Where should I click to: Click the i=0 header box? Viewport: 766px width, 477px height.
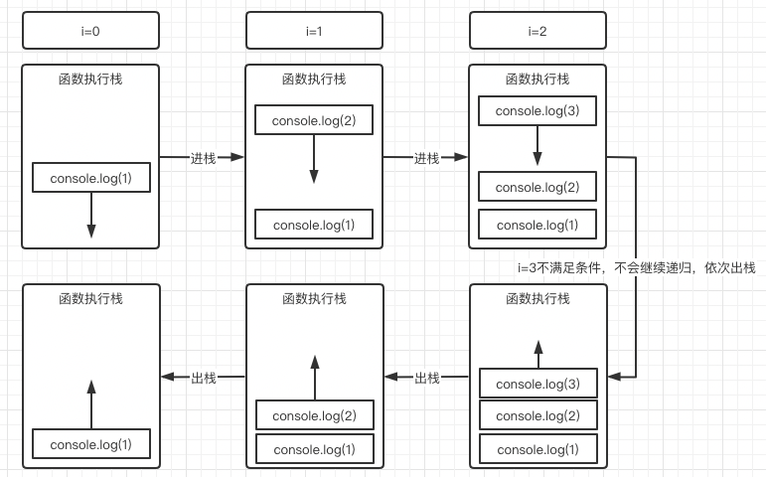click(x=90, y=31)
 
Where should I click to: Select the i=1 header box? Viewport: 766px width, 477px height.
click(x=314, y=31)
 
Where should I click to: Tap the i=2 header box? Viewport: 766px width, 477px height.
click(x=537, y=31)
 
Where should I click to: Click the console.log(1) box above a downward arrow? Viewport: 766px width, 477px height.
click(x=90, y=178)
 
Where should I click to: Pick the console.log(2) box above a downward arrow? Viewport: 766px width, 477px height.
click(x=314, y=120)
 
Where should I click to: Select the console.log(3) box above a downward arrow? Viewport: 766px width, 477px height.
click(x=537, y=110)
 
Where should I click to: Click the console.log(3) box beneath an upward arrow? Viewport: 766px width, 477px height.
click(x=537, y=384)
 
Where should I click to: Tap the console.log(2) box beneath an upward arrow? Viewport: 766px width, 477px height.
click(x=314, y=415)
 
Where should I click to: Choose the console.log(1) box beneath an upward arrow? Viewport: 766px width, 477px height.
click(x=90, y=444)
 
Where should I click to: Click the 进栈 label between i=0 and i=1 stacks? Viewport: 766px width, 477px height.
click(x=203, y=158)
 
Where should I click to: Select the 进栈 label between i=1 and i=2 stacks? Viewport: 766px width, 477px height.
click(x=426, y=158)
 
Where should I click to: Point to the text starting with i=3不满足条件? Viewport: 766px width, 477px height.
click(x=636, y=268)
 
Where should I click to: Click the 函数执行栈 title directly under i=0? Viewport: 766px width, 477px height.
click(x=90, y=79)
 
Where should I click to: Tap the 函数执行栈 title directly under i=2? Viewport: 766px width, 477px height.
click(x=537, y=79)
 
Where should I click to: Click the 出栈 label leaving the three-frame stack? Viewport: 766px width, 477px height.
click(x=426, y=378)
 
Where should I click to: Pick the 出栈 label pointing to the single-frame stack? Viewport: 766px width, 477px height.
click(x=203, y=378)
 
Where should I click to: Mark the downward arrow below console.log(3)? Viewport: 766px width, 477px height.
click(x=537, y=146)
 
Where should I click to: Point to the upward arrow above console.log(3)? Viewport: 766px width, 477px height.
click(x=537, y=353)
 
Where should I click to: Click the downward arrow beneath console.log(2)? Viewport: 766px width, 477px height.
click(x=314, y=159)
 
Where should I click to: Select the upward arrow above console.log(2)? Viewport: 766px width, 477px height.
click(x=314, y=377)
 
